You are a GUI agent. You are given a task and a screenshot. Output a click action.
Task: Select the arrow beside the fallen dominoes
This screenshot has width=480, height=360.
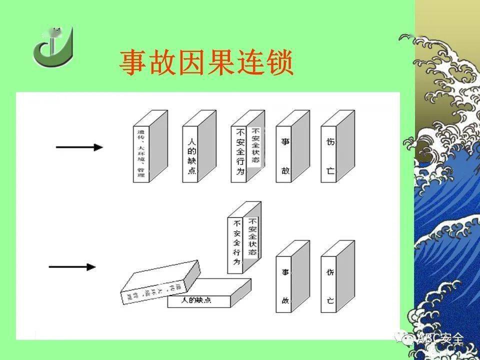coord(72,267)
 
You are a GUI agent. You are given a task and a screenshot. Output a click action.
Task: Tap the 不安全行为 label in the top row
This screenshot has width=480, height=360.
coord(239,152)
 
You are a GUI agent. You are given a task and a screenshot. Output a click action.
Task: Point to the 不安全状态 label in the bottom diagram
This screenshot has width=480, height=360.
coord(253,235)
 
